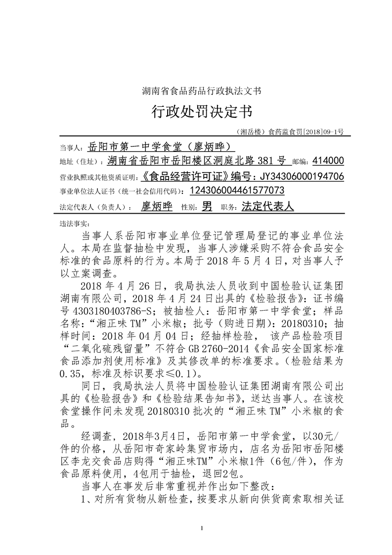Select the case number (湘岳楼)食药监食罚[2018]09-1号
point(290,132)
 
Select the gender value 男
point(208,207)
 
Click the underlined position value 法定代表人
point(267,207)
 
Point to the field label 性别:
point(190,208)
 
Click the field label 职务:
point(229,208)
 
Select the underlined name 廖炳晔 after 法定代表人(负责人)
point(157,207)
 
